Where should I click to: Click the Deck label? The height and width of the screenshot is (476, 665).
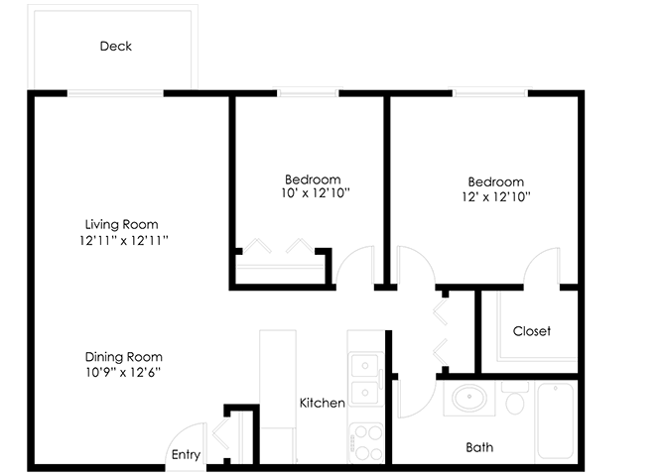(x=115, y=47)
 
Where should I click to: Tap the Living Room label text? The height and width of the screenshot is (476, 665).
(x=121, y=224)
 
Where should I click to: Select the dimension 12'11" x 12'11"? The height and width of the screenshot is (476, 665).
(x=121, y=240)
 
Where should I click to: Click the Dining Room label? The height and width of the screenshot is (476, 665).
(x=123, y=357)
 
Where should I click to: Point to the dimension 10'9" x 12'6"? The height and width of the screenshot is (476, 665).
(x=123, y=373)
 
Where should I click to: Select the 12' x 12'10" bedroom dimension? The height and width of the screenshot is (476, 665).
(x=495, y=196)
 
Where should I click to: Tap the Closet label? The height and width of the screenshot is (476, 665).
(x=531, y=331)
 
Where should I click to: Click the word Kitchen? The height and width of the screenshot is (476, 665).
(x=323, y=403)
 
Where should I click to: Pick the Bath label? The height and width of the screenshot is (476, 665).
(x=479, y=447)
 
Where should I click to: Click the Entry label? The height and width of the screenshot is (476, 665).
(x=186, y=455)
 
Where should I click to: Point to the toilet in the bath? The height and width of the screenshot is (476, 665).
(x=514, y=399)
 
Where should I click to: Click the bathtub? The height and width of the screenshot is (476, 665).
(x=555, y=420)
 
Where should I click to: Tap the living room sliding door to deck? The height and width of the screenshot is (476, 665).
(x=115, y=93)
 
